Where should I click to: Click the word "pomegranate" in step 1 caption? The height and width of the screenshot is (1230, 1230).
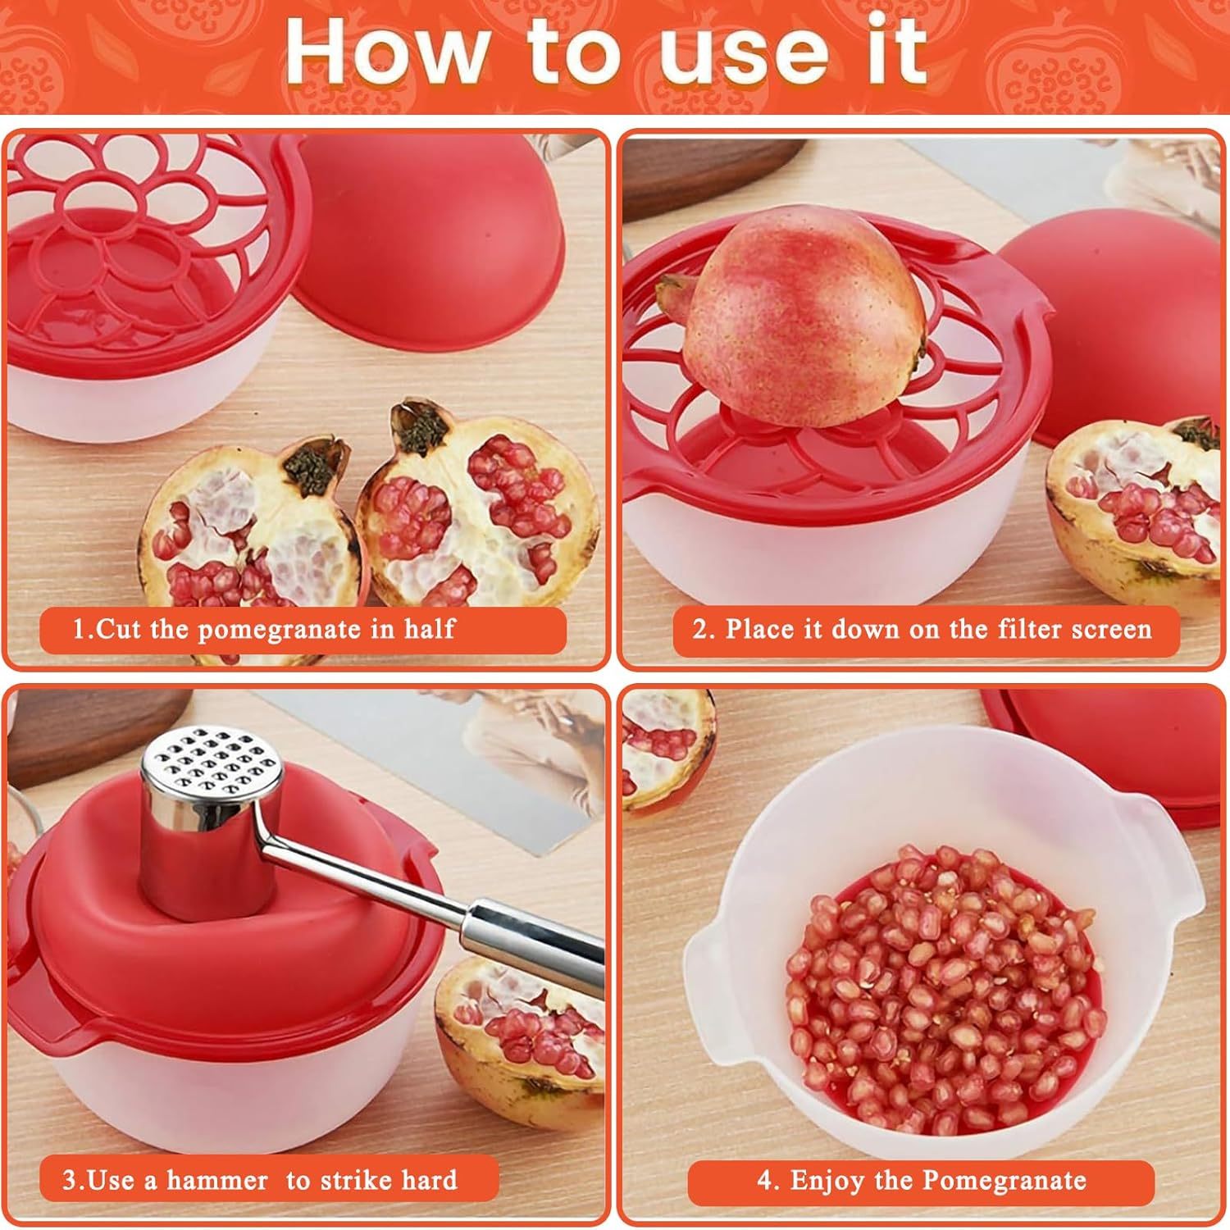pyautogui.click(x=280, y=630)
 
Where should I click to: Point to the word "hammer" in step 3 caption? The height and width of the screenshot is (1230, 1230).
pyautogui.click(x=216, y=1180)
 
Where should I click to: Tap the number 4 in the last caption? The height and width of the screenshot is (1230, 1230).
pyautogui.click(x=764, y=1181)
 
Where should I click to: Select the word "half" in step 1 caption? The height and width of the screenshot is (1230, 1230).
pyautogui.click(x=429, y=630)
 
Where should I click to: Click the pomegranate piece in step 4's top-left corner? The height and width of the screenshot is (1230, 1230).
pyautogui.click(x=664, y=746)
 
